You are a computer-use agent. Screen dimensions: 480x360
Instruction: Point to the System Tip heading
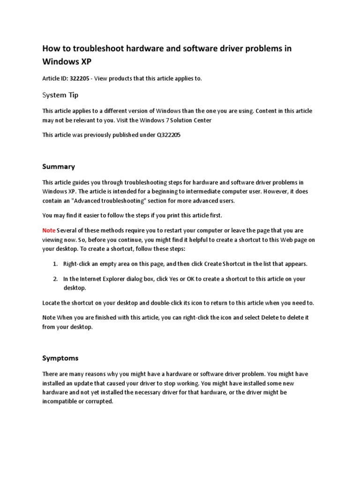pos(60,95)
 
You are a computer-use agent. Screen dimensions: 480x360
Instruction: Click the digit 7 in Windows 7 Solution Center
pos(157,120)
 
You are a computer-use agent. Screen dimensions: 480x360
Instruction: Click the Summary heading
pos(59,166)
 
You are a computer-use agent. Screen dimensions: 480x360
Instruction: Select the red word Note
pos(49,231)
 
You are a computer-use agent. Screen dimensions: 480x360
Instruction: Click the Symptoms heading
pos(60,358)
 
